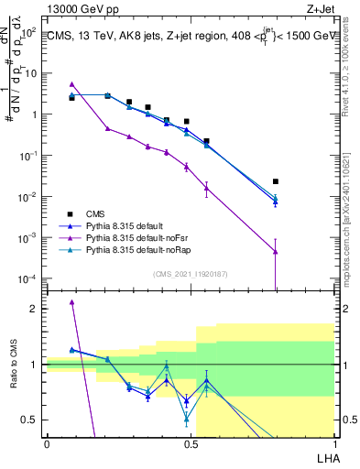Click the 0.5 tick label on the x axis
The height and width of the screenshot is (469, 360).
point(191,443)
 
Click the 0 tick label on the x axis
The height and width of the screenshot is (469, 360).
point(47,443)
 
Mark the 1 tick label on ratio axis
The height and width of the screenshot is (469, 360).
point(36,365)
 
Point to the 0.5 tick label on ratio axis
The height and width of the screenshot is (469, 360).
point(32,420)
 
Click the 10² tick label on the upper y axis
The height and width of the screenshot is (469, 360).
point(31,33)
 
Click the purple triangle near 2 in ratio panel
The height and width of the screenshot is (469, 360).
point(71,302)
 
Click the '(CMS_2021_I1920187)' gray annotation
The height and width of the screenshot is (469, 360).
point(191,274)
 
